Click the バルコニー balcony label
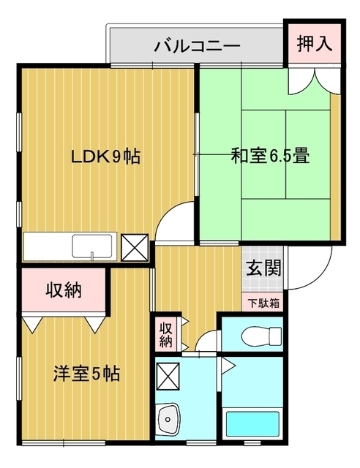tap(197, 45)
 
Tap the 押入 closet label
tap(315, 44)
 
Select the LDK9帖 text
tap(105, 156)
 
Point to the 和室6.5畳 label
tap(270, 155)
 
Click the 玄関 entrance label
tap(264, 268)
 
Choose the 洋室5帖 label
tap(86, 374)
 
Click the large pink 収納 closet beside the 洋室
tap(64, 290)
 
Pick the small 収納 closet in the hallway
tap(166, 334)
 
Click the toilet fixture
tap(261, 334)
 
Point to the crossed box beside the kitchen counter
tap(135, 247)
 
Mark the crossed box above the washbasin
tap(168, 377)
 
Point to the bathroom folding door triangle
tap(227, 366)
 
